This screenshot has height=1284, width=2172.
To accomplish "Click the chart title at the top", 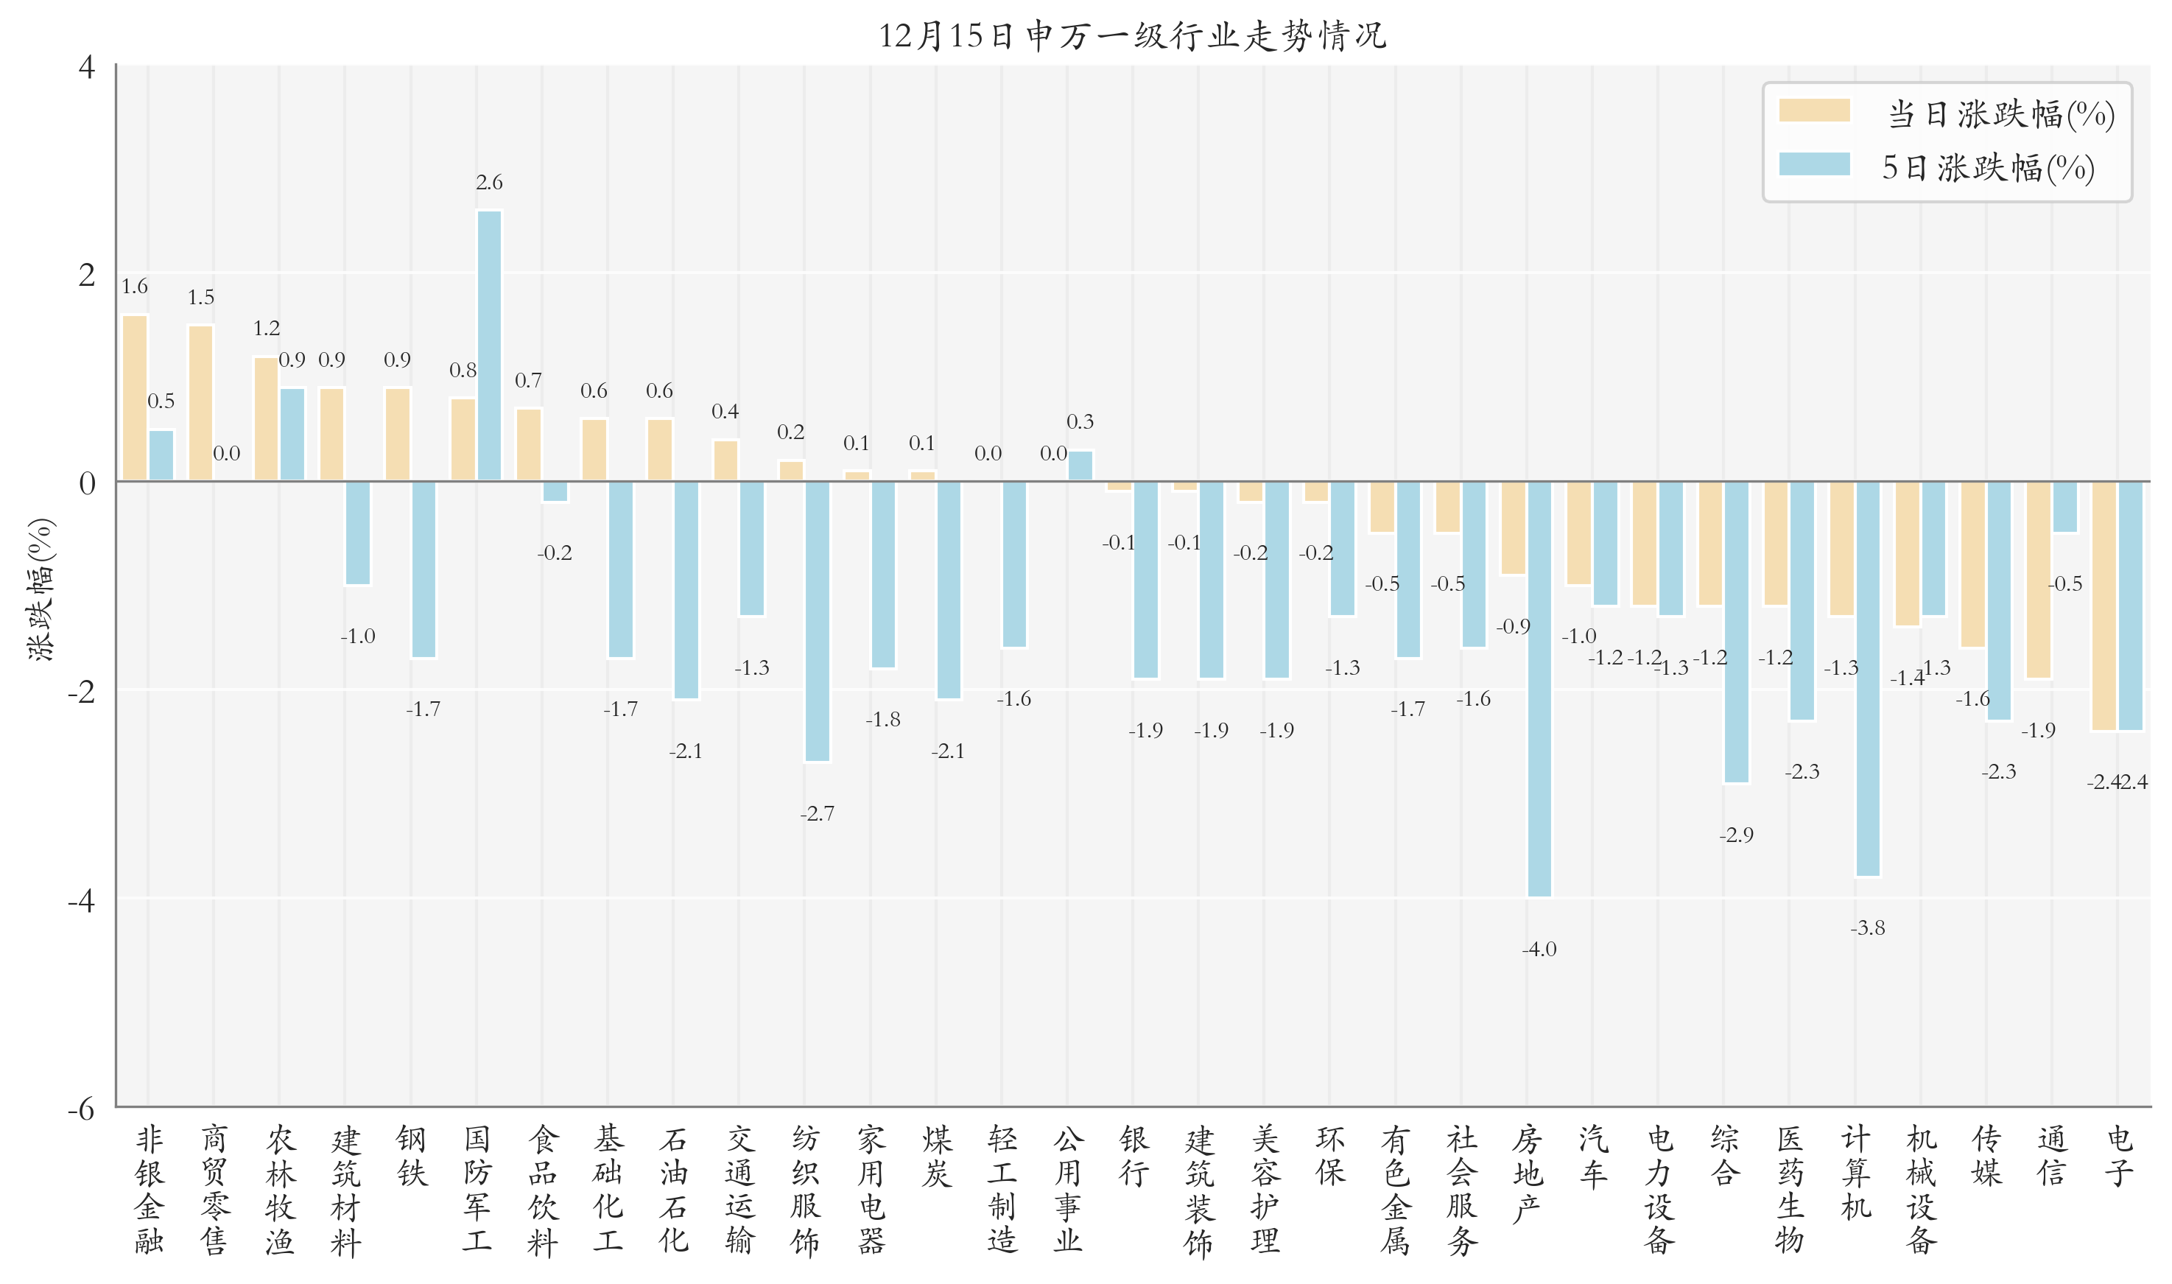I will (1131, 36).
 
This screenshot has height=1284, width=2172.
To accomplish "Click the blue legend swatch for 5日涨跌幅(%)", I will (1813, 164).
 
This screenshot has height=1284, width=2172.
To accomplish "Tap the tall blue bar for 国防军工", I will (489, 346).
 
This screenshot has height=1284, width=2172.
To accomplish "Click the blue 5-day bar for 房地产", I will (1539, 688).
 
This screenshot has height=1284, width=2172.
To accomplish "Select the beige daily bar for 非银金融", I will (135, 398).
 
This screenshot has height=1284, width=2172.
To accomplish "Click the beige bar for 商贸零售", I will (200, 403).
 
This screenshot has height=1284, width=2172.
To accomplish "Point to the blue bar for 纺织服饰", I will (817, 621).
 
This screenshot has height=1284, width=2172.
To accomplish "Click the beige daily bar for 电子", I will (2103, 606).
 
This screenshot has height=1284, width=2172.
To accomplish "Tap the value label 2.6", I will (489, 183).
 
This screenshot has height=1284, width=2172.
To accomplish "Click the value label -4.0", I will (1539, 949).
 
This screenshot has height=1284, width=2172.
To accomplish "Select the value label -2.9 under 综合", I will (1735, 835).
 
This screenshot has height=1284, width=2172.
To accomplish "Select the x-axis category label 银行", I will (1134, 1156).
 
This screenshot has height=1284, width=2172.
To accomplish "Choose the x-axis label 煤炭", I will (937, 1156).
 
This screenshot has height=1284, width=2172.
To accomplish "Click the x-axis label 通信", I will (2052, 1156).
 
